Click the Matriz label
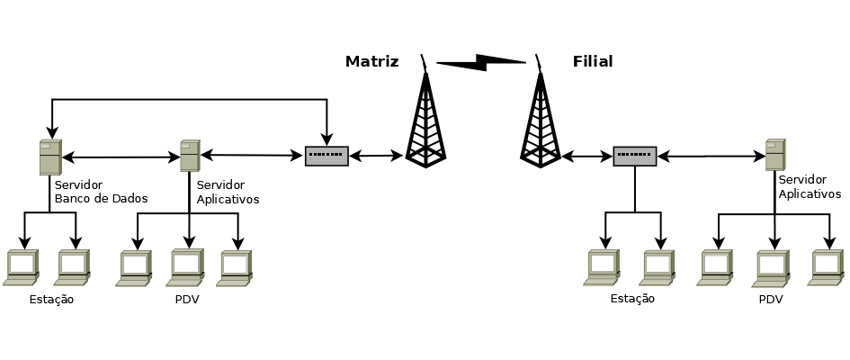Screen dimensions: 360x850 [x=371, y=62]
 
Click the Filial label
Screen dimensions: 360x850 [x=593, y=62]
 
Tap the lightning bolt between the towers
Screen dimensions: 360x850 [x=481, y=62]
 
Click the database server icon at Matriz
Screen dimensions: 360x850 [x=49, y=157]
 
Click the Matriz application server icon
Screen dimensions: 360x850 [x=190, y=156]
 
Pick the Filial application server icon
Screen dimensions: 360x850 [x=774, y=155]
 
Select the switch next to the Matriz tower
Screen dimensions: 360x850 [x=327, y=156]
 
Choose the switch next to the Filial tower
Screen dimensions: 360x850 [x=635, y=156]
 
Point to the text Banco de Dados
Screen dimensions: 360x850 [x=101, y=199]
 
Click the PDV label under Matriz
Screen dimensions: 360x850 [x=186, y=300]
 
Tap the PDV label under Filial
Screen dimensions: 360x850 [x=771, y=300]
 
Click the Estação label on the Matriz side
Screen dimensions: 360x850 [x=51, y=300]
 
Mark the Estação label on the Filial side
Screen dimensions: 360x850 [x=632, y=300]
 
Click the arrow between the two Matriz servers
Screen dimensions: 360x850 [x=121, y=158]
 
